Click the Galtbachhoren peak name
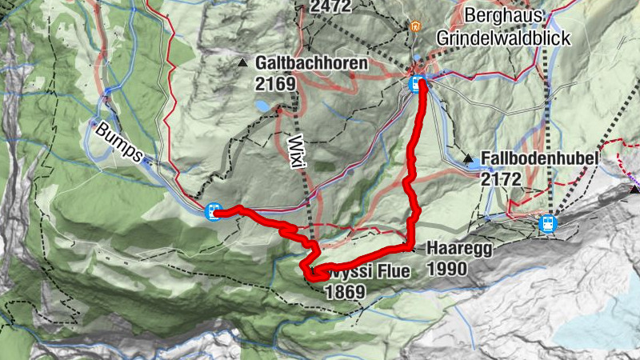(311, 62)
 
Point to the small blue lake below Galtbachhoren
(262, 105)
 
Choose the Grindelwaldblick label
(502, 38)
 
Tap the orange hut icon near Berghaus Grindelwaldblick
(414, 26)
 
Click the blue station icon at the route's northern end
(416, 83)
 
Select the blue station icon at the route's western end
(213, 212)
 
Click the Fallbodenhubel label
(539, 159)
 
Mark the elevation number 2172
(502, 179)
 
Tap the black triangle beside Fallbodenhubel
(468, 158)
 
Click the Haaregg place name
(458, 248)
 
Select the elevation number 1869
(345, 292)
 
